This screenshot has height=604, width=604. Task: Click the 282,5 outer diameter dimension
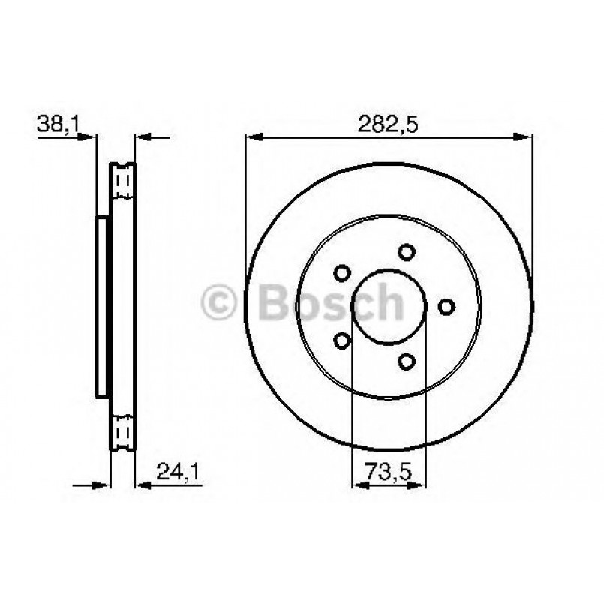pyautogui.click(x=389, y=124)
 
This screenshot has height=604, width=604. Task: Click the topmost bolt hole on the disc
pyautogui.click(x=407, y=252)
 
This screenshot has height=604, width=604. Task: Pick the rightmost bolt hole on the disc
pyautogui.click(x=446, y=306)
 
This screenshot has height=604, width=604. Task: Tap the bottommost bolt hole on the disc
pyautogui.click(x=407, y=362)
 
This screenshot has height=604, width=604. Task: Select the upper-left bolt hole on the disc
pyautogui.click(x=342, y=272)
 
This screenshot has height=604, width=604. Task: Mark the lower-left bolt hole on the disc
pyautogui.click(x=342, y=341)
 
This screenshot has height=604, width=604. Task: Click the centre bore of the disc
pyautogui.click(x=389, y=306)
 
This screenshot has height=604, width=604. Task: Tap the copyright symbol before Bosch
pyautogui.click(x=219, y=302)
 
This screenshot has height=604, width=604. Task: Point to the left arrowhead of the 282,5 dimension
pyautogui.click(x=254, y=137)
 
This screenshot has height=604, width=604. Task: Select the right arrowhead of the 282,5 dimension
pyautogui.click(x=524, y=137)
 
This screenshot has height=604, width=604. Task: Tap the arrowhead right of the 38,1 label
pyautogui.click(x=89, y=137)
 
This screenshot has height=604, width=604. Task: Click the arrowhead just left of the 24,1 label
pyautogui.click(x=143, y=485)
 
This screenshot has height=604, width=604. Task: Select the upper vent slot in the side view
pyautogui.click(x=122, y=181)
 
